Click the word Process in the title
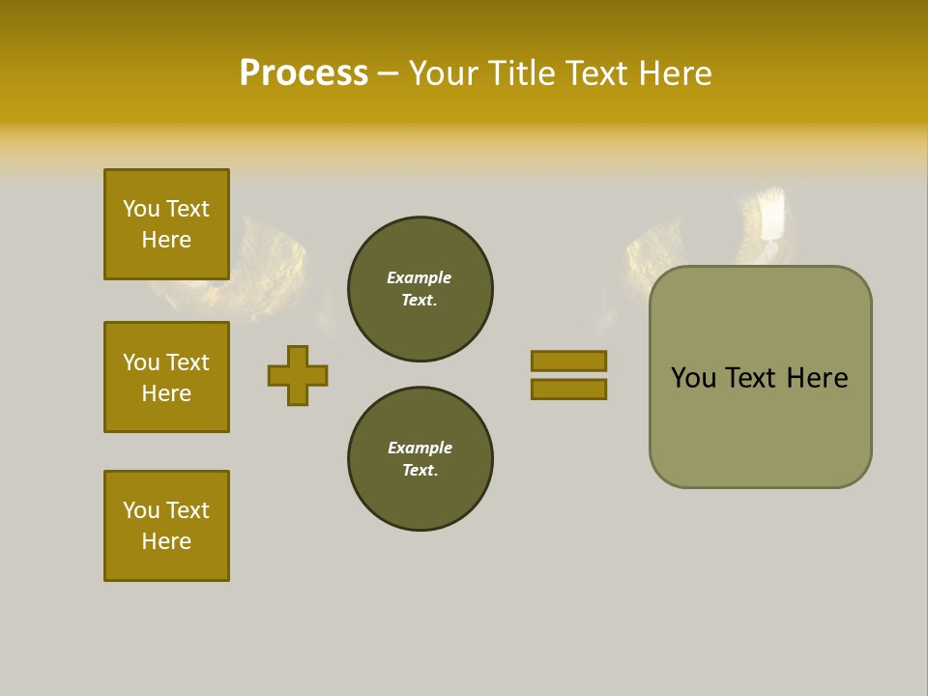304,73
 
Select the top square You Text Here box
166,224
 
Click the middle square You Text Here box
166,377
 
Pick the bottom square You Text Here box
166,526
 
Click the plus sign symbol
298,375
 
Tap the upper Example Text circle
420,289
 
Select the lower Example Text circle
420,459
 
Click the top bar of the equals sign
568,361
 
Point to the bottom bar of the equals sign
568,389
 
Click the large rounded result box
760,425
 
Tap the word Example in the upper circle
419,277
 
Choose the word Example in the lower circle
420,448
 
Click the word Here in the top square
166,240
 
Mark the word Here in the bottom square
166,541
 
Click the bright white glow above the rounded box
771,215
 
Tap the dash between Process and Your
388,73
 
